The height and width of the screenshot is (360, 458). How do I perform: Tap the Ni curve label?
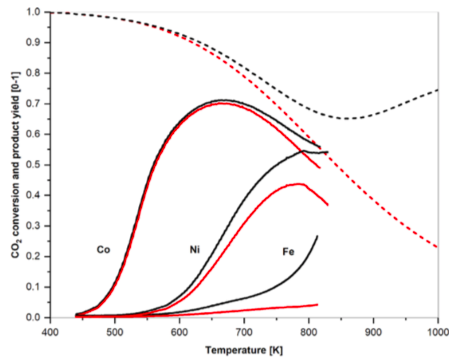point(195,249)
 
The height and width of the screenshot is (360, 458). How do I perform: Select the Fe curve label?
point(289,252)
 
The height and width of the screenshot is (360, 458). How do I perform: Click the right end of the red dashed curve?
point(438,247)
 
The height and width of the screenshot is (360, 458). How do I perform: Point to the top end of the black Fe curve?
point(317,236)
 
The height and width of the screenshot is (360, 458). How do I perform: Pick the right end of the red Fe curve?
point(318,304)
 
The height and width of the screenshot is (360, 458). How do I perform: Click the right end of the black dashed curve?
point(438,90)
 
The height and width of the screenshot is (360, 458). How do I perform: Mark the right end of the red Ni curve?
point(328,205)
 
